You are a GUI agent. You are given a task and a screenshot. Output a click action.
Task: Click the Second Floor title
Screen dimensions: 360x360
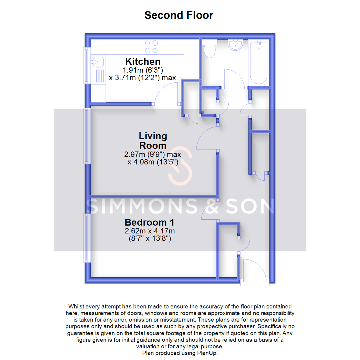coord(179,15)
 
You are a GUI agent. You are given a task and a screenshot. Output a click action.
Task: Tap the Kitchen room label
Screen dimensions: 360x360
coord(143,62)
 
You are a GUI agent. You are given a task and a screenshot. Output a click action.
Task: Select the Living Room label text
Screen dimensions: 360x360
coord(153,141)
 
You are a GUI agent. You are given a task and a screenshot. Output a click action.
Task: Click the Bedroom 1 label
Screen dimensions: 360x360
coord(149,222)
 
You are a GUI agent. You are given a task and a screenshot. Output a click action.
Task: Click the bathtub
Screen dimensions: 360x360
coord(258,62)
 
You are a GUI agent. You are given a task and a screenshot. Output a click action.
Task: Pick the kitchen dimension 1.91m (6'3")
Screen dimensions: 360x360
coord(143,70)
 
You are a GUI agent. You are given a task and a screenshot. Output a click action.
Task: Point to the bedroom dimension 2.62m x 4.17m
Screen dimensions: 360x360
coord(150,231)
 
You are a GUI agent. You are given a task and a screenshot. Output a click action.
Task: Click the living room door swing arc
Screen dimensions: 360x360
coord(207,138)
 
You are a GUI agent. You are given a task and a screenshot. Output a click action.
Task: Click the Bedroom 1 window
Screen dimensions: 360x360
coord(87,237)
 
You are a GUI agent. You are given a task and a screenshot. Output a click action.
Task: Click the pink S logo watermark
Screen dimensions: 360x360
coord(180,166)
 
